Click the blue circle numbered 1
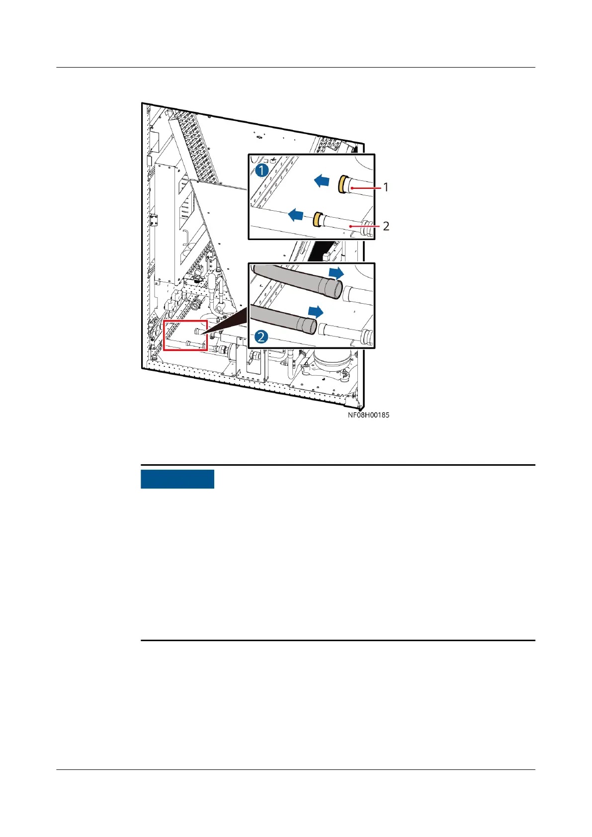click(x=262, y=170)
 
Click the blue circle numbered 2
click(x=262, y=337)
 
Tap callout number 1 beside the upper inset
click(x=386, y=187)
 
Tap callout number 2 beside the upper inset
click(x=386, y=226)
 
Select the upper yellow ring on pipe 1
click(x=342, y=184)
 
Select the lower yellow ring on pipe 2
click(x=316, y=219)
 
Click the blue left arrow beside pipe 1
click(x=322, y=181)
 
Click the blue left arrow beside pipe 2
click(x=296, y=215)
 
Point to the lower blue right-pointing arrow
click(x=316, y=312)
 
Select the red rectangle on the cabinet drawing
click(x=185, y=335)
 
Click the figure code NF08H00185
click(x=368, y=415)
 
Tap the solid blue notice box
click(x=177, y=479)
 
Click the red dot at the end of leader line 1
click(x=351, y=188)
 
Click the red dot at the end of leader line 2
click(x=350, y=227)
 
